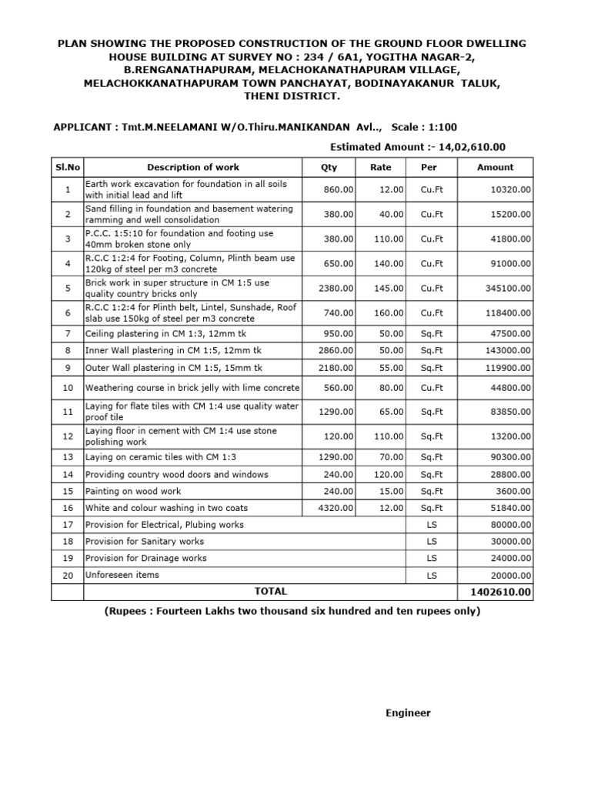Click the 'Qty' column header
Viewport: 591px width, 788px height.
click(329, 167)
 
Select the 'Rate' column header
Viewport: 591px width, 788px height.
click(380, 167)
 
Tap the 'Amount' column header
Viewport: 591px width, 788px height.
click(495, 167)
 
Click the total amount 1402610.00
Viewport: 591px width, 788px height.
click(495, 593)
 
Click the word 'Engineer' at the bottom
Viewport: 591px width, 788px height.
click(408, 713)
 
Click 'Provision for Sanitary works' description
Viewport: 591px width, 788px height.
click(145, 541)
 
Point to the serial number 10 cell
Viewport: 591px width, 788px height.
click(68, 388)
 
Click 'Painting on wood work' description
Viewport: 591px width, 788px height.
click(132, 491)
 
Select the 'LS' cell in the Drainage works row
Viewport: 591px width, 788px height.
click(430, 558)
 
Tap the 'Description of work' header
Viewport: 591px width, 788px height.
click(193, 167)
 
